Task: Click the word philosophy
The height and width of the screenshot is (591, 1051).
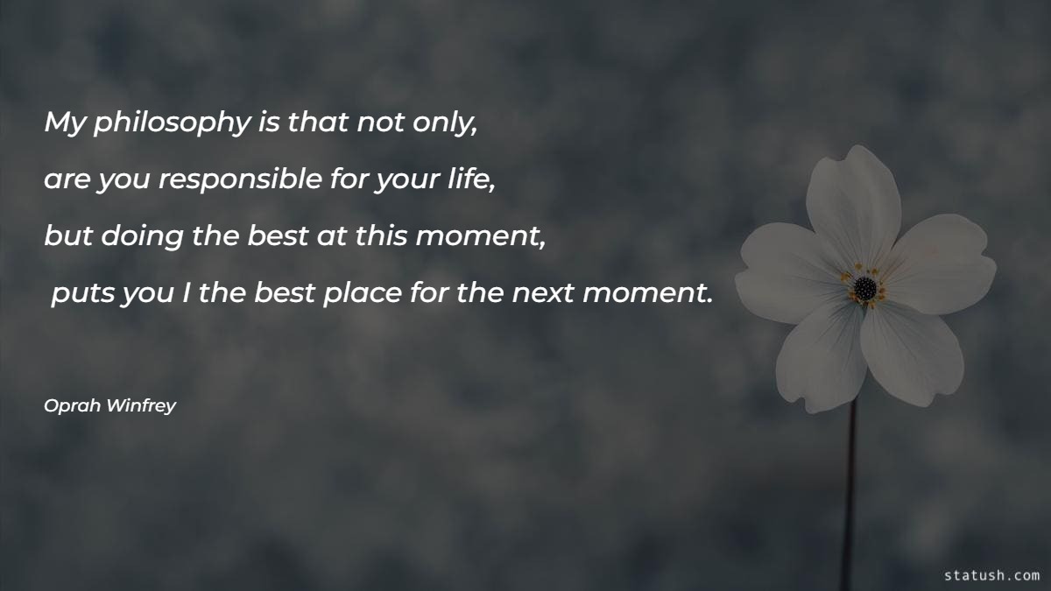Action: [172, 124]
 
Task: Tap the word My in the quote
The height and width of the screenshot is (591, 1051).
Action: [65, 124]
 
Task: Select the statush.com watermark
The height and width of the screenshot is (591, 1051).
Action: [991, 575]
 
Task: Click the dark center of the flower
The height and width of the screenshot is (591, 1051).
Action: [864, 286]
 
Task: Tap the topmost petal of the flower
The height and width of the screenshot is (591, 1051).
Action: [853, 201]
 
